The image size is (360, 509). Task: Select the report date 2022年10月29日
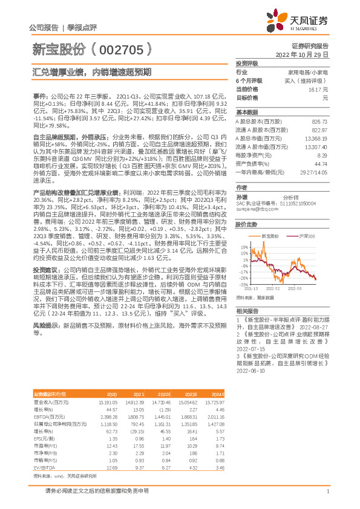(302, 54)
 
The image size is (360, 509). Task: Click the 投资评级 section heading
(247, 63)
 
